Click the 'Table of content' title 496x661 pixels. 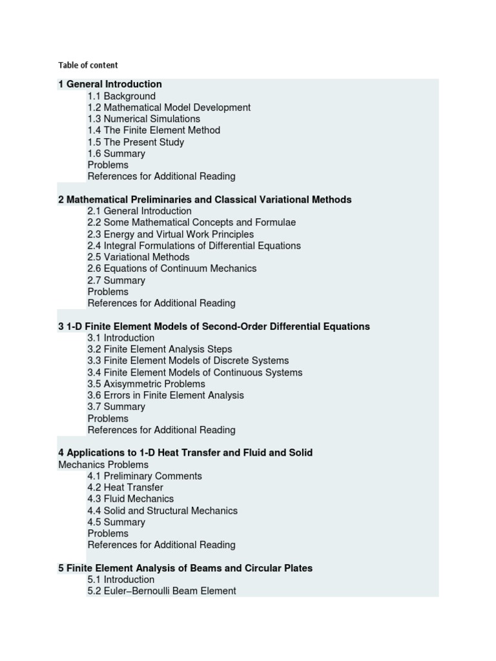(88, 65)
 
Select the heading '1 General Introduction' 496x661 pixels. (110, 84)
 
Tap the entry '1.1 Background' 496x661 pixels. (121, 96)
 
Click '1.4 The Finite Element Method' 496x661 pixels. (154, 130)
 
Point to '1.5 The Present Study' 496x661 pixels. (136, 142)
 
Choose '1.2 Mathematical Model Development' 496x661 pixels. (169, 108)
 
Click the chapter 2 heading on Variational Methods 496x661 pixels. (205, 199)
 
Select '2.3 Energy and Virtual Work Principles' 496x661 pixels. (170, 234)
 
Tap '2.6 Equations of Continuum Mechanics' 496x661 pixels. (172, 269)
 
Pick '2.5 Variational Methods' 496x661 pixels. (138, 257)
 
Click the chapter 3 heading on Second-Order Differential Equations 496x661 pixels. (214, 327)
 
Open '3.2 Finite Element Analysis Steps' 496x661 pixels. (160, 349)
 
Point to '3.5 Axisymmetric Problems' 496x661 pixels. (146, 384)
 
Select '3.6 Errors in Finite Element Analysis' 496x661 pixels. (165, 395)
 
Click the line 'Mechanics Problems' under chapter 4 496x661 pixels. (103, 465)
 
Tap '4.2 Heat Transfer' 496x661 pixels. (125, 487)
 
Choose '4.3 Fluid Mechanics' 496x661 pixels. (130, 499)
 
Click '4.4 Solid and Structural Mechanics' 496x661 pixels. (162, 511)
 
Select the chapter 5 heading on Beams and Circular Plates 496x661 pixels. (185, 568)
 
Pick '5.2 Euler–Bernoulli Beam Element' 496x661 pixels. (161, 591)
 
